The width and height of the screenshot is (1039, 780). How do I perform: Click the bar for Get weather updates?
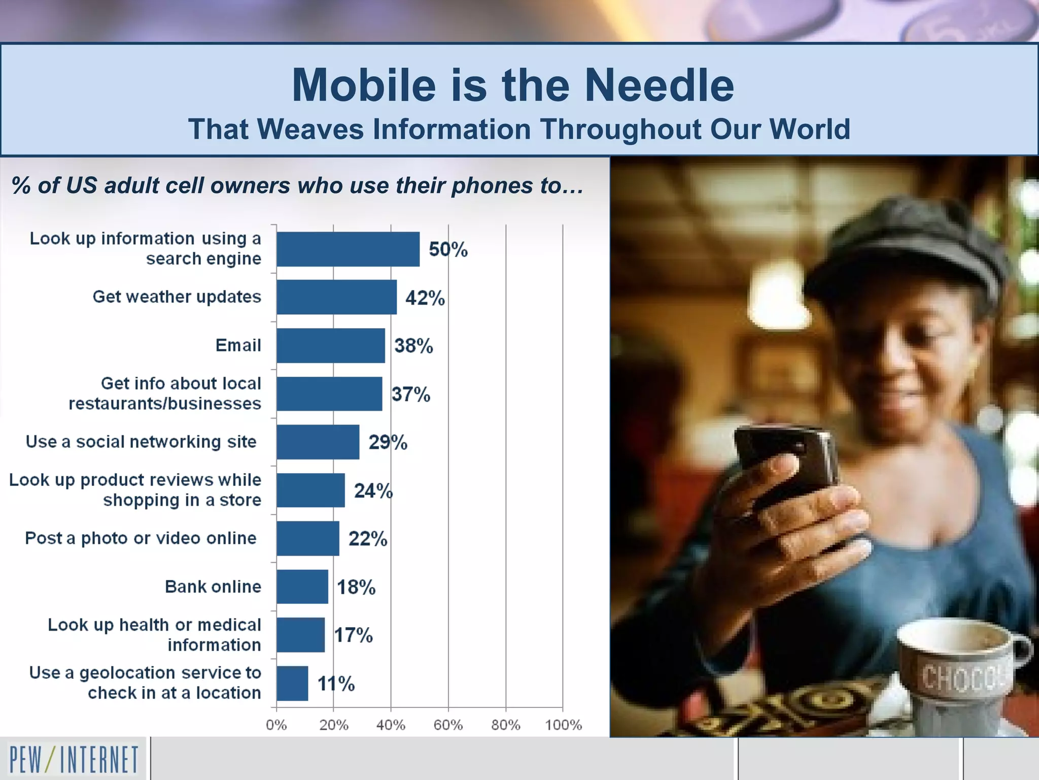(x=336, y=297)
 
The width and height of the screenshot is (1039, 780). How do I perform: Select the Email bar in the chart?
(x=330, y=345)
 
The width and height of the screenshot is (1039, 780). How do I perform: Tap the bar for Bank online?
(x=302, y=587)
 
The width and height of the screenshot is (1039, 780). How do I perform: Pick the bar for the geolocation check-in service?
(x=292, y=683)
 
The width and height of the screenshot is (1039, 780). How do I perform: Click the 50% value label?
(x=448, y=249)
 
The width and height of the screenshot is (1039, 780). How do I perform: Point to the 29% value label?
(x=388, y=442)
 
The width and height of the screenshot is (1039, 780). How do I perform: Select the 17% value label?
(x=353, y=635)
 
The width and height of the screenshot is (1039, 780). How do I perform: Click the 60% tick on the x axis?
(x=448, y=725)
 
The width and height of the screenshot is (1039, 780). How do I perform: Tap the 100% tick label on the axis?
(x=563, y=725)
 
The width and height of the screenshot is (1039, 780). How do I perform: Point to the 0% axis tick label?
(x=276, y=725)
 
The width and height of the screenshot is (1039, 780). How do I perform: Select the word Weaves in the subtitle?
(x=310, y=129)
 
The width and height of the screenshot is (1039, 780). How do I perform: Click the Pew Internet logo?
(x=74, y=759)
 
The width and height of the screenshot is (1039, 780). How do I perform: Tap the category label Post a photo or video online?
(x=141, y=538)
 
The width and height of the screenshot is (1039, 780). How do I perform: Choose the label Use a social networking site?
(x=141, y=442)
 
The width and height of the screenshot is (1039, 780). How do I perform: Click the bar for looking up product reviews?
(x=310, y=490)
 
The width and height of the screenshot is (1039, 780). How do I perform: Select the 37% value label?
(x=410, y=394)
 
